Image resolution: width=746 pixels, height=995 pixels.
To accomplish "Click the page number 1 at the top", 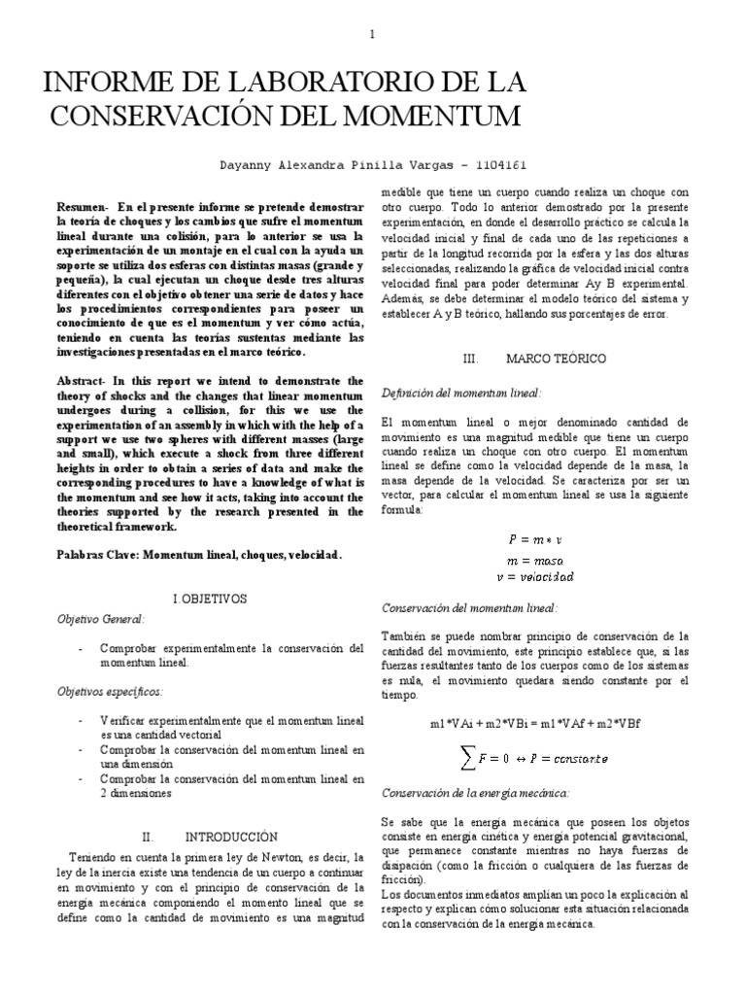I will click(x=372, y=36).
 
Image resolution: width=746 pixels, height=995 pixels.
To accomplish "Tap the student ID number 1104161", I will click(x=501, y=164).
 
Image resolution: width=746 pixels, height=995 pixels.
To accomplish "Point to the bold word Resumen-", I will click(x=84, y=208).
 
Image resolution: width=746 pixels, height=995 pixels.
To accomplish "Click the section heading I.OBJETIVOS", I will click(x=211, y=599).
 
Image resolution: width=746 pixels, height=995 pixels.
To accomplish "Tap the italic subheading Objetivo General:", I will click(x=101, y=619).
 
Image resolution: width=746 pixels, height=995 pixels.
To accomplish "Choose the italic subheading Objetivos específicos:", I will click(x=110, y=691).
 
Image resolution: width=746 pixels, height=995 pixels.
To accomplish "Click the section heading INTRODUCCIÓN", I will click(x=231, y=836).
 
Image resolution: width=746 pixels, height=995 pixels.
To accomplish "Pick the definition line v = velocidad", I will click(x=535, y=577).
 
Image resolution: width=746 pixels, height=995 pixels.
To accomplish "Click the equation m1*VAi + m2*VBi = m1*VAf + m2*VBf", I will click(x=536, y=724).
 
